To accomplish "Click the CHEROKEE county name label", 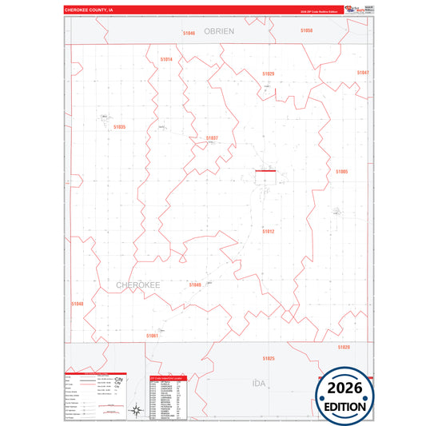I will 139,285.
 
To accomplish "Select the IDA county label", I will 258,384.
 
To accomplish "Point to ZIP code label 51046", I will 189,33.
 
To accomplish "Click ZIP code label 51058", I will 307,30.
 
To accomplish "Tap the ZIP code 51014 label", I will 166,59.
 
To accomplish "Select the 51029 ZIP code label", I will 268,74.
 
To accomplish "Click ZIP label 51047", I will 363,73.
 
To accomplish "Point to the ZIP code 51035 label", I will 119,126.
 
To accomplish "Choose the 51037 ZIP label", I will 212,137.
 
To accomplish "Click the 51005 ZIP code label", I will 342,172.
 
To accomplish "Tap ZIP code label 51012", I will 269,231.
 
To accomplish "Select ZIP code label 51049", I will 195,285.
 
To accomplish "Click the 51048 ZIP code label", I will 77,304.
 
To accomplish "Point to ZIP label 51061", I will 153,336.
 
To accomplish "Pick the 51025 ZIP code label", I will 269,359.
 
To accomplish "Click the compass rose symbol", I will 137,411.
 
